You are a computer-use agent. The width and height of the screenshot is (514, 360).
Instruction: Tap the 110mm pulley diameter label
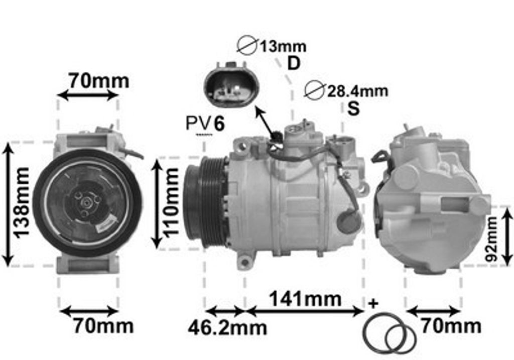click(171, 202)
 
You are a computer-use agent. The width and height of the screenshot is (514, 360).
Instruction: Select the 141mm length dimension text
click(305, 299)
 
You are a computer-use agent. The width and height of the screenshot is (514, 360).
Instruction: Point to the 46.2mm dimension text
click(227, 328)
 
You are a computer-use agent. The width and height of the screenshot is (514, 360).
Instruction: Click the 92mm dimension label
click(491, 239)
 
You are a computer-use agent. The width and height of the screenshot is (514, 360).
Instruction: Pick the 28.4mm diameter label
click(357, 91)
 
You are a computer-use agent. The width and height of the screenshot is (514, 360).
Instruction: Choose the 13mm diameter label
click(283, 47)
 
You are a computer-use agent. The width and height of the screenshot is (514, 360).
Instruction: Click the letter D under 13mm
click(294, 63)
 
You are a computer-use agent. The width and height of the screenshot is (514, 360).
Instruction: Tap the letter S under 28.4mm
click(353, 108)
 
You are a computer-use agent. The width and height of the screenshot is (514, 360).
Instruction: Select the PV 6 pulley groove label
click(205, 124)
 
